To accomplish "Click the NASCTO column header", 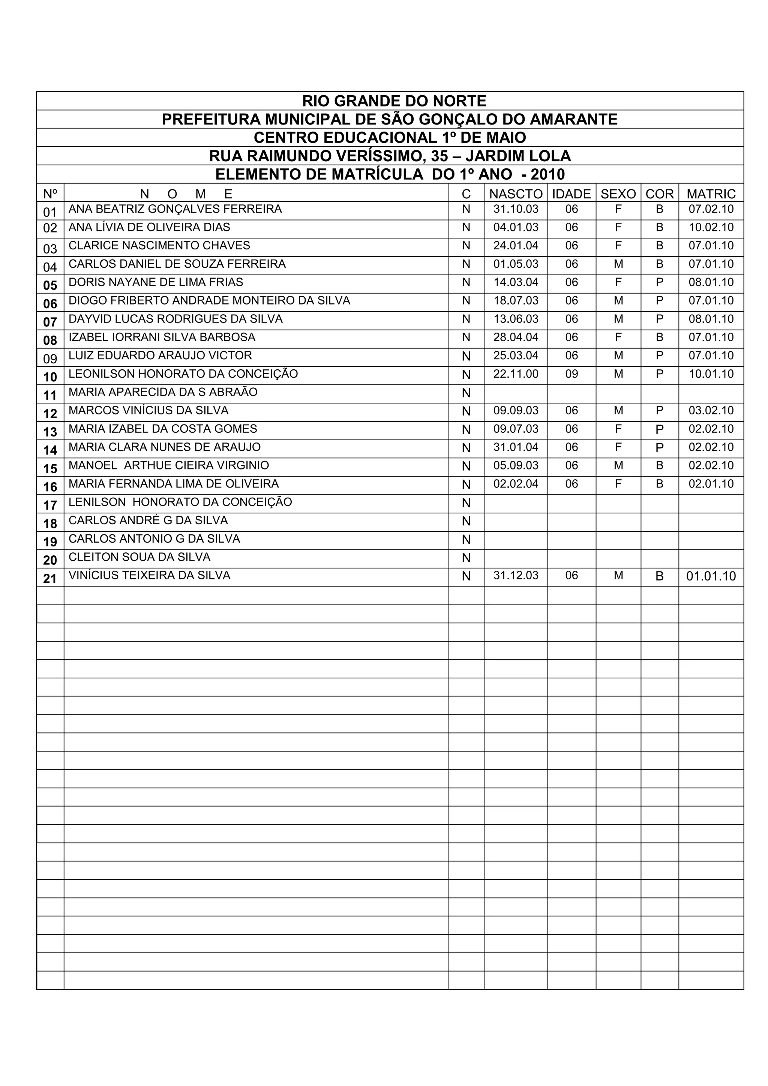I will [516, 194].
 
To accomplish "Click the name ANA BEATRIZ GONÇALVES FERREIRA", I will [175, 209].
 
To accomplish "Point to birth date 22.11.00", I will [516, 374].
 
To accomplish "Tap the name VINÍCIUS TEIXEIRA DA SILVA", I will [150, 576].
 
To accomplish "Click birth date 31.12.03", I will [516, 576].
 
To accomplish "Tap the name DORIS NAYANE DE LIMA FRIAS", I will [156, 282].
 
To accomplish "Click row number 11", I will [50, 395].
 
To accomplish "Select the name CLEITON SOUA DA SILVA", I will [139, 557].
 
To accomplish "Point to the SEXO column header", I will [618, 194].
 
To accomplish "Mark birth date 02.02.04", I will [516, 484].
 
